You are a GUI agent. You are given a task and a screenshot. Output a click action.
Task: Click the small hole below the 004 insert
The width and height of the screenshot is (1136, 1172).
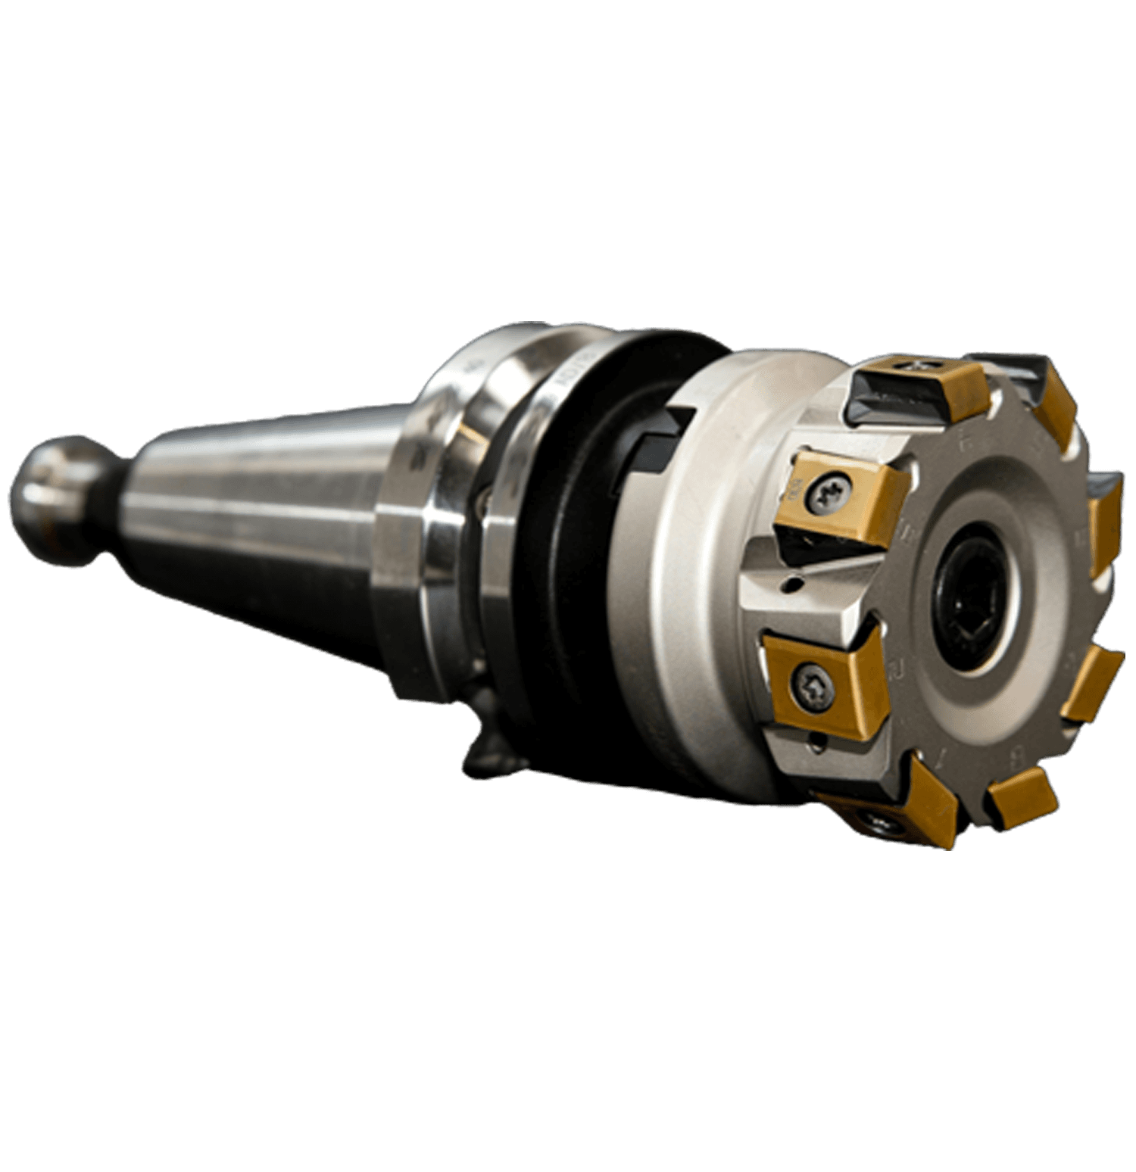click(x=791, y=583)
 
